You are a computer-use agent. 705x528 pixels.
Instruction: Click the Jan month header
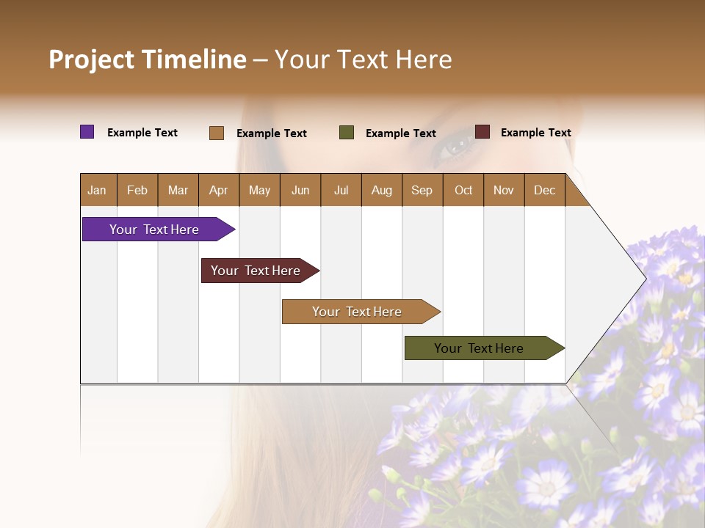[97, 190]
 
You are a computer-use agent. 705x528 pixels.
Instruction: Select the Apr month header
[218, 190]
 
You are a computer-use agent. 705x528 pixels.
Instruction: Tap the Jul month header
[341, 190]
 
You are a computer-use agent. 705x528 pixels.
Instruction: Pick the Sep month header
[422, 190]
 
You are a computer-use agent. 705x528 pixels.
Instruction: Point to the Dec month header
[544, 190]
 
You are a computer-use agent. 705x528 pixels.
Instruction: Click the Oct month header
[463, 190]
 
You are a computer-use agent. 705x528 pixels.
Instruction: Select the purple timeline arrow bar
[155, 230]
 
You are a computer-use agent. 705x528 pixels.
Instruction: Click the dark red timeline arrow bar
[256, 271]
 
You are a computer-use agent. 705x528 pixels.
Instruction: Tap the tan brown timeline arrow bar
[358, 312]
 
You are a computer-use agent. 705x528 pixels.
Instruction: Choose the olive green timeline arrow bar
[480, 348]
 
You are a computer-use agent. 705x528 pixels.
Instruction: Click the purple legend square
[87, 132]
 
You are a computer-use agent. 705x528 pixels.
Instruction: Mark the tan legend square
[217, 133]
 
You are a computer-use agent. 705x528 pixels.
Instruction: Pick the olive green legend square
[347, 133]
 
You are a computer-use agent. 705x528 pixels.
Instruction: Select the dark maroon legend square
[482, 132]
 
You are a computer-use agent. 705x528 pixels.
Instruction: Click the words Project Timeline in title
[148, 59]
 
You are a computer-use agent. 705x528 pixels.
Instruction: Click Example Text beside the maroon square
[535, 133]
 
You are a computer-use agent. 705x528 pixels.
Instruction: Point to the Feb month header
[137, 190]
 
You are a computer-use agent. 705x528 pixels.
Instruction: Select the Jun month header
[300, 190]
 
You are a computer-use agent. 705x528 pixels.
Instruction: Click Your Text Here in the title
[363, 59]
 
